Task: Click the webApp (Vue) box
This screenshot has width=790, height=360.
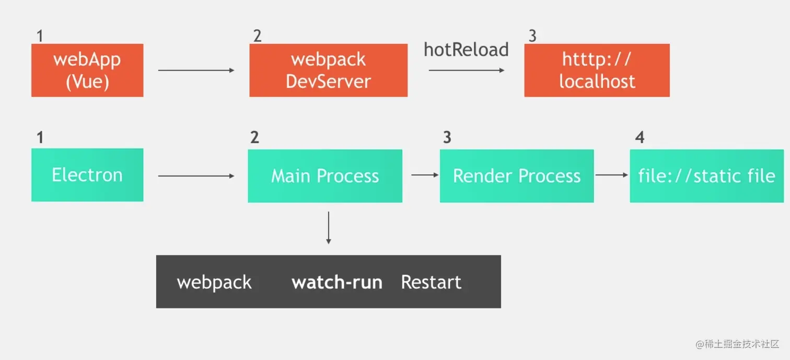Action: (87, 71)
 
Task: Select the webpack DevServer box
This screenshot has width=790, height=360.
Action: (328, 71)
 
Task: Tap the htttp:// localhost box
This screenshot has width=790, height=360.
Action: (597, 71)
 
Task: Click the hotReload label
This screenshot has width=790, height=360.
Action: (466, 50)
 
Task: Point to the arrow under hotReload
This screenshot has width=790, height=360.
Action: (466, 70)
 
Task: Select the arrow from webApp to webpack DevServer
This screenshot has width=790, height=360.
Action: (196, 70)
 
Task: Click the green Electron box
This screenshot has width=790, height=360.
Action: (87, 175)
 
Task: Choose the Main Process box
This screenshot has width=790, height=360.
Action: (325, 176)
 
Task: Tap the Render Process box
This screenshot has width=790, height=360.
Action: (517, 176)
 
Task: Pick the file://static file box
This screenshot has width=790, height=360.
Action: (706, 176)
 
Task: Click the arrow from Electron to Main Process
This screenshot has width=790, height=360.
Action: (196, 176)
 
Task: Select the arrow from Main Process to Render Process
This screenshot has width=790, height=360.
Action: (425, 175)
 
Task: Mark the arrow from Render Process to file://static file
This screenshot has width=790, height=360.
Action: (612, 175)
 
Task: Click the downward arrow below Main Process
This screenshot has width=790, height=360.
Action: (328, 227)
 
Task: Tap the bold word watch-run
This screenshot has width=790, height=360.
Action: (337, 283)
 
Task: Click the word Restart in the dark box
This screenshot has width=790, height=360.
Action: (431, 283)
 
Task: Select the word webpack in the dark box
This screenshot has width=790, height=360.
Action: (214, 283)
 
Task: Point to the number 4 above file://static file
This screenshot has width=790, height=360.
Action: (640, 137)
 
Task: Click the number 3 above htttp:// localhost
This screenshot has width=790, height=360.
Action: (532, 36)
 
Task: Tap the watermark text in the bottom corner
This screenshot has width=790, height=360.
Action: (737, 344)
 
